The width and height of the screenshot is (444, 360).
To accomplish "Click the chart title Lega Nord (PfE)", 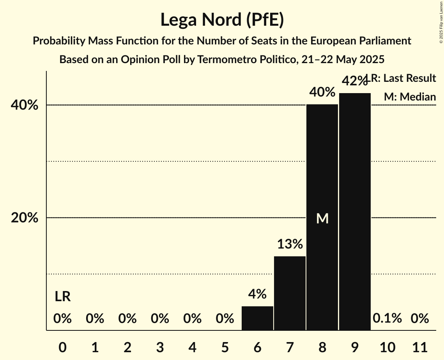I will point(222,20).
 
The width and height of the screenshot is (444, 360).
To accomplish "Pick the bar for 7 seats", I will point(290,293).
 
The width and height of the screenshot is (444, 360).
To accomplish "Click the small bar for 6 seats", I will point(257,318).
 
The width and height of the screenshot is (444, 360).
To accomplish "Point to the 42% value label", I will point(354,81).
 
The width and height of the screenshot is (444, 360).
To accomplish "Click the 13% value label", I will point(290,244).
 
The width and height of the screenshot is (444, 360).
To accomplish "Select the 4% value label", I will point(257,294).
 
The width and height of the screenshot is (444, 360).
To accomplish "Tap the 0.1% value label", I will point(387,318).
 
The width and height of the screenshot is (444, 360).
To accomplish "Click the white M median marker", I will point(322,219).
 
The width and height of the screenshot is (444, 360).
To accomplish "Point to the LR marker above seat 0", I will point(62,296).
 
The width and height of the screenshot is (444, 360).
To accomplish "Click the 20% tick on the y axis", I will point(25,218).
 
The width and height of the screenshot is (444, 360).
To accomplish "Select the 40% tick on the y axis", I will point(25,105).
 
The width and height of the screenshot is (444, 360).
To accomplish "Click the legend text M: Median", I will point(410,97).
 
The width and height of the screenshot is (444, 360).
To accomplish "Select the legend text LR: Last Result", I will point(403,78).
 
